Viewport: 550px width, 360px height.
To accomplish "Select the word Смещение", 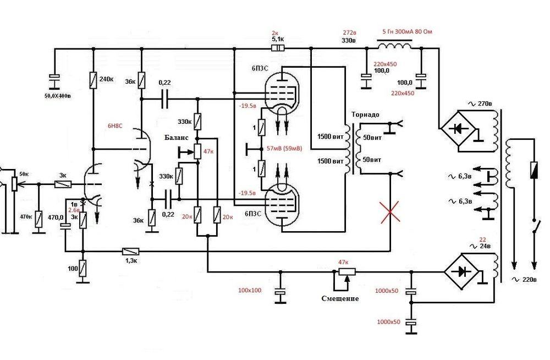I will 340,298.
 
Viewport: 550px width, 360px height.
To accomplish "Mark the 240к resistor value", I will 106,79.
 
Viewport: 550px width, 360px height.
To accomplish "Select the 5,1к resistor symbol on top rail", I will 279,48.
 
